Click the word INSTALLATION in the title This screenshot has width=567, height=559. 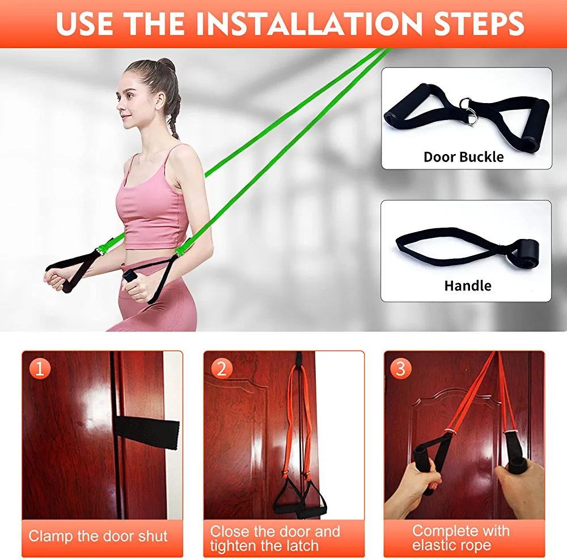click(x=309, y=24)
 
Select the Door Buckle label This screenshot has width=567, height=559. click(x=464, y=157)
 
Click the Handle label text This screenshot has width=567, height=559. click(x=468, y=285)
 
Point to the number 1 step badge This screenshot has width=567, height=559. click(x=40, y=369)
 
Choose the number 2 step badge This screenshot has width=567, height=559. click(x=221, y=369)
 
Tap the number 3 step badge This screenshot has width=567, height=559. click(x=401, y=369)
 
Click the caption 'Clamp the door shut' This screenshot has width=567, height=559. click(x=98, y=536)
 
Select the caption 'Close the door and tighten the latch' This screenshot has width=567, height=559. click(x=275, y=539)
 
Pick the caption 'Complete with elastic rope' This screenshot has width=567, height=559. click(x=460, y=538)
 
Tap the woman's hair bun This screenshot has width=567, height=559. click(x=165, y=65)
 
